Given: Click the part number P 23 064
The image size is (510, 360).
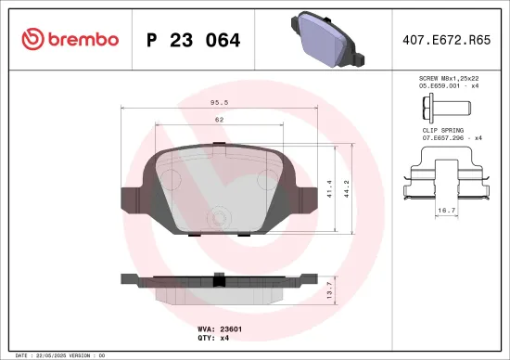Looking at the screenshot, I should coord(194,40).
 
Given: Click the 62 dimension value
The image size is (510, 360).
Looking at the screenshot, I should coord(219,120).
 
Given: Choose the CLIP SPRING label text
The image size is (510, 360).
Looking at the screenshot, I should coord(443,132).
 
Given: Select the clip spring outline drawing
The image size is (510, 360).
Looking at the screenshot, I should coord(446,176).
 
